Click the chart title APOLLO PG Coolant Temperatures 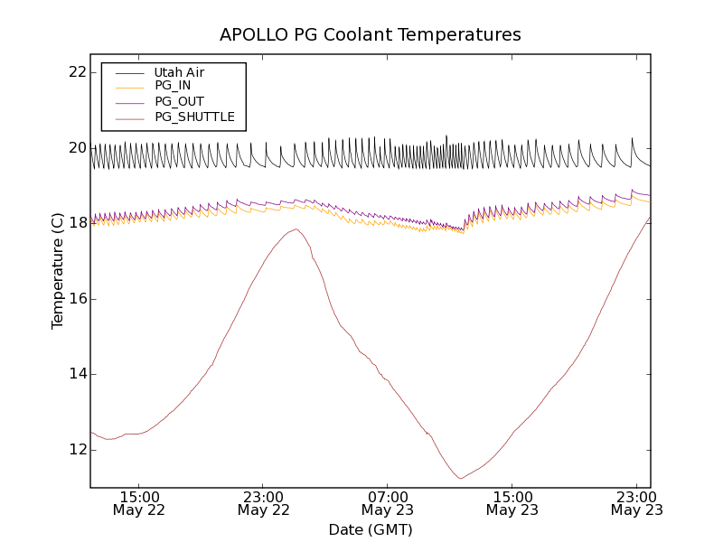[371, 35]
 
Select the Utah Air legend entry [179, 72]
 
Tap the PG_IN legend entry [173, 86]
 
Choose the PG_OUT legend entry [179, 101]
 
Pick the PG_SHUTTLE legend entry [194, 117]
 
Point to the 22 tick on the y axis [77, 72]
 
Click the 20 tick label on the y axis [77, 148]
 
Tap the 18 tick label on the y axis [77, 223]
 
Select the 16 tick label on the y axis [77, 299]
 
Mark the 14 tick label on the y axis [77, 374]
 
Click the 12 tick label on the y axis [77, 450]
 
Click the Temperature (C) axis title [58, 271]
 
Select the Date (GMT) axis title [371, 529]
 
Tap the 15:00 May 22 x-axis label [139, 503]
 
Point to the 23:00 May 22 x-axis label [264, 503]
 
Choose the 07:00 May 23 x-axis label [388, 503]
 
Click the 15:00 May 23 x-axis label [512, 503]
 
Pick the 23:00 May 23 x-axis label [635, 503]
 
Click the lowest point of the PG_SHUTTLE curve [461, 478]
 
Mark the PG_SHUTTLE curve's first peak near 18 [296, 229]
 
